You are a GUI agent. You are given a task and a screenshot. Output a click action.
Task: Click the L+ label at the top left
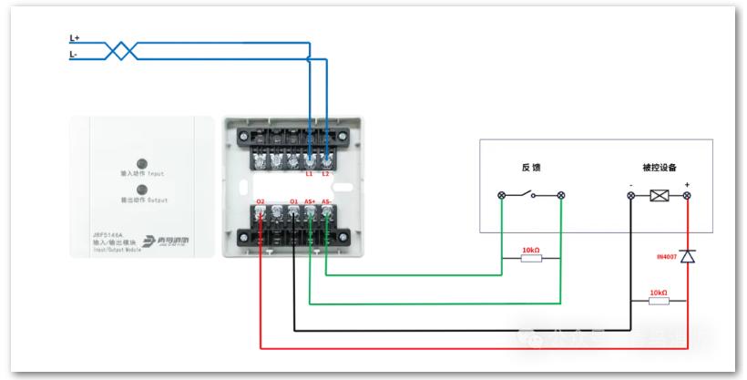tap(75, 38)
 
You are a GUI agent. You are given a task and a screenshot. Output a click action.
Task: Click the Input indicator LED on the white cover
tap(141, 162)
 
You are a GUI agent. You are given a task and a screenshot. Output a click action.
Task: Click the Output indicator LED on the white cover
tap(141, 189)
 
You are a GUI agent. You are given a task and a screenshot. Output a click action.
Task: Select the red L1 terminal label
tap(310, 173)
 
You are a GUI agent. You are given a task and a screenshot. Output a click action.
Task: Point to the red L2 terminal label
tap(326, 173)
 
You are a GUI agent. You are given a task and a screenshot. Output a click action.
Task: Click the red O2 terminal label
tap(261, 201)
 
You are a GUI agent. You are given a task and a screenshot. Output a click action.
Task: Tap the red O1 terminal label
tap(293, 201)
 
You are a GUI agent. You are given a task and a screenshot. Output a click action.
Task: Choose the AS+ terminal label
tap(310, 201)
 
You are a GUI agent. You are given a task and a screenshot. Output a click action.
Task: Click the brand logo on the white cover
tap(168, 241)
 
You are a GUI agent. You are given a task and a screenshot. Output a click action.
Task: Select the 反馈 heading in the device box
tap(531, 169)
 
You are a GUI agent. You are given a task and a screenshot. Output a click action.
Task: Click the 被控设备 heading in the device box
tap(659, 169)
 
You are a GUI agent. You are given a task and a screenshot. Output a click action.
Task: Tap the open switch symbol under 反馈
tap(531, 195)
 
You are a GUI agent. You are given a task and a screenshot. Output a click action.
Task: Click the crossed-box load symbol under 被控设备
tap(659, 195)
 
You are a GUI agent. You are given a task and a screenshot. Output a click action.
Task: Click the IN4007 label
tap(666, 258)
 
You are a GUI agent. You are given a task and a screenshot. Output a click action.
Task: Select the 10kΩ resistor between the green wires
tap(530, 258)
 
